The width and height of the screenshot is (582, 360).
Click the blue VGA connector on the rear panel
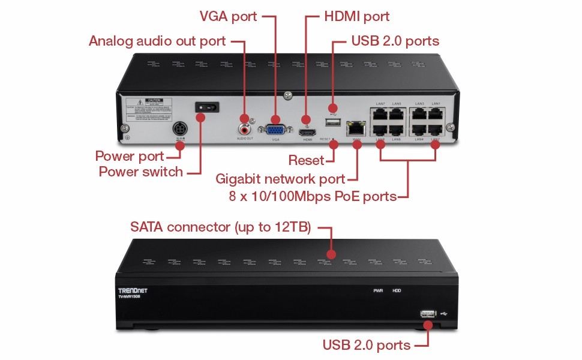[x=275, y=128]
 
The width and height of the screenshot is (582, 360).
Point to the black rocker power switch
[x=206, y=109]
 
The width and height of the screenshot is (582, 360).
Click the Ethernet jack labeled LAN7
[x=380, y=114]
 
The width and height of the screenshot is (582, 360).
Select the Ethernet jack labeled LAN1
[x=436, y=114]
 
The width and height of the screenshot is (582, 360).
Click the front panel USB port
[x=428, y=314]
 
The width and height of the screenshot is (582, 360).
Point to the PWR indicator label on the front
[x=378, y=290]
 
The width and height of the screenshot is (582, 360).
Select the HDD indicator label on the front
[x=397, y=290]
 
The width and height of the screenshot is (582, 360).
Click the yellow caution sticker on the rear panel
[x=148, y=109]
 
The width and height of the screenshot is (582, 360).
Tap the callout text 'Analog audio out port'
[x=157, y=41]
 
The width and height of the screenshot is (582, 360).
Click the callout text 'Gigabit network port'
[x=280, y=178]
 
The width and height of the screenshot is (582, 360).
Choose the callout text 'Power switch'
[x=141, y=172]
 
